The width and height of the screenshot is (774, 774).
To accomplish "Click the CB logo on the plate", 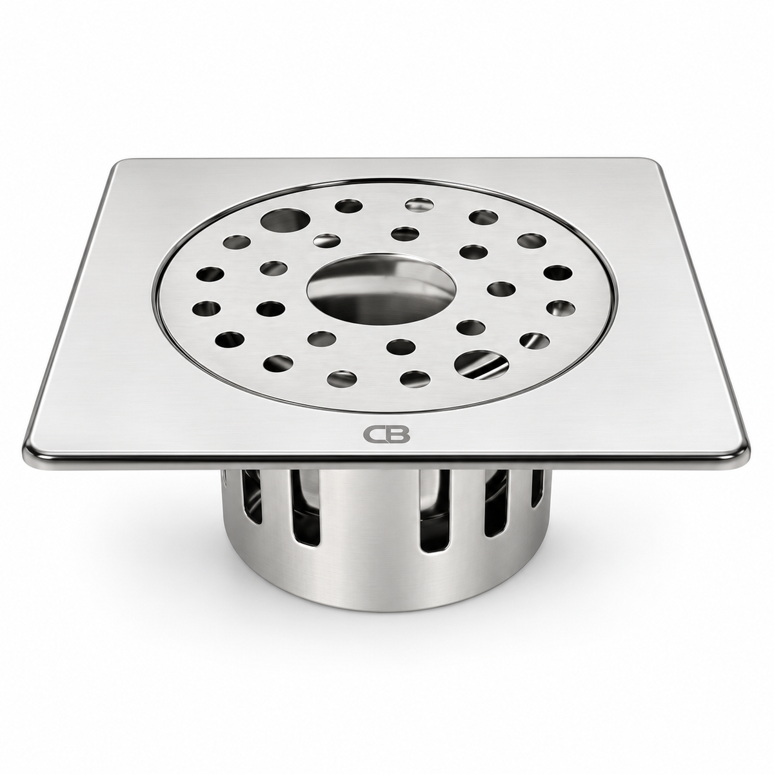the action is click(386, 434).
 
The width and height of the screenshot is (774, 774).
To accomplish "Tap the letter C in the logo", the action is click(374, 434).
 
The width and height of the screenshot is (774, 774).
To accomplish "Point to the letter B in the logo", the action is click(398, 434).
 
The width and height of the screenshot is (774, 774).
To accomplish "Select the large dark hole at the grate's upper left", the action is click(285, 219).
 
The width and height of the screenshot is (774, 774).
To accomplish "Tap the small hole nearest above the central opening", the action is click(404, 233).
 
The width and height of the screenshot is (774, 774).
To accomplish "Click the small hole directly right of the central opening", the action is click(502, 289).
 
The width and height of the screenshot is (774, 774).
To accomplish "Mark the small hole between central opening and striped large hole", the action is click(471, 326).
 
